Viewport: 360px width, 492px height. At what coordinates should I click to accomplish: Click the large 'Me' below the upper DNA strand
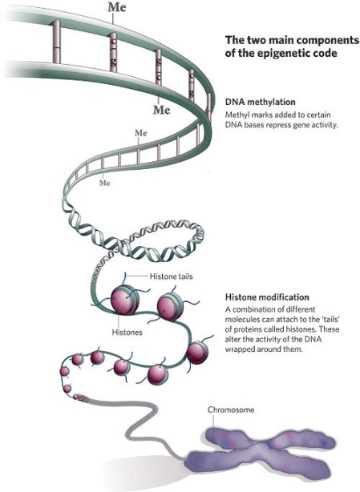(162, 108)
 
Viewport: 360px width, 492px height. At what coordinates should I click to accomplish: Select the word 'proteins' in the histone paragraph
(253, 329)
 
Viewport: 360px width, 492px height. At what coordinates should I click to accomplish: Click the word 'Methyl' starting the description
(238, 116)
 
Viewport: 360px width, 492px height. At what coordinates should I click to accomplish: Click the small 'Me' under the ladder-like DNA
(103, 183)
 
